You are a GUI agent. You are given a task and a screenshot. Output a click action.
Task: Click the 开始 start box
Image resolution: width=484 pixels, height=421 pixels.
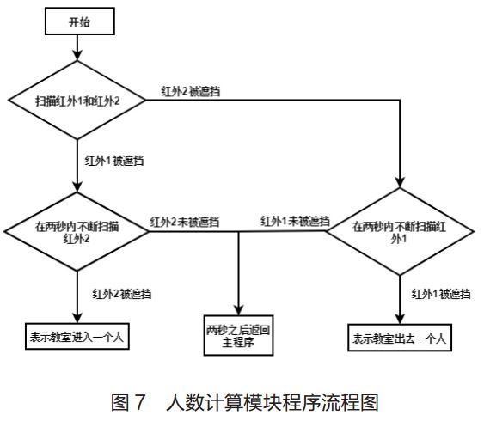79,21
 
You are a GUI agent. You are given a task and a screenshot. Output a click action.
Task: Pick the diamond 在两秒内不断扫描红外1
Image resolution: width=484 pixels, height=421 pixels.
401,230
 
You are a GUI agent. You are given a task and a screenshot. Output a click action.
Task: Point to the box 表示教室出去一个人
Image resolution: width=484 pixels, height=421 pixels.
401,336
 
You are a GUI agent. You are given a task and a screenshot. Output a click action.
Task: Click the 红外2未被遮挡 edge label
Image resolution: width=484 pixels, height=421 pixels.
184,222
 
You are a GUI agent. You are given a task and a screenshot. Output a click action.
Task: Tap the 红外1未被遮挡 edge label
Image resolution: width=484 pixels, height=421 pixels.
296,222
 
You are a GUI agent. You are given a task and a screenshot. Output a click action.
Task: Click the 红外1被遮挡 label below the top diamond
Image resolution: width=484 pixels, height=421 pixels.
114,161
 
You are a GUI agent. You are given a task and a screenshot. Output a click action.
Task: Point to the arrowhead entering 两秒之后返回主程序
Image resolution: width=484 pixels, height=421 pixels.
239,310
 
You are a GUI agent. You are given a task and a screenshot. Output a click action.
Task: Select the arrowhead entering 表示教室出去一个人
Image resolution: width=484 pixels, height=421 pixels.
401,317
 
